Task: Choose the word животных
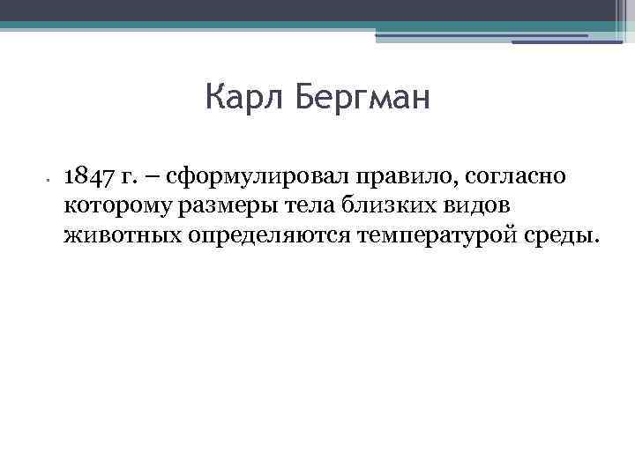coord(123,234)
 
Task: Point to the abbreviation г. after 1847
coord(130,178)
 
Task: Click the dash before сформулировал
coord(152,178)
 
